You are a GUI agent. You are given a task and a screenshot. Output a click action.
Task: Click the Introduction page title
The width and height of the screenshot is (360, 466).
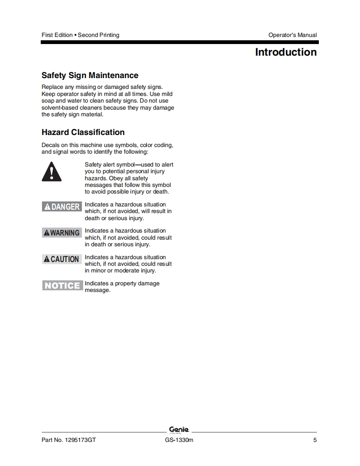[286, 52]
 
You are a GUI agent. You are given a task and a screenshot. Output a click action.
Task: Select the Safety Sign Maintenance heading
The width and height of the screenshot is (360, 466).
[90, 75]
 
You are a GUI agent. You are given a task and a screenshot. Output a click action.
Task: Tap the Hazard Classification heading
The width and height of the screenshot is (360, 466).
[83, 132]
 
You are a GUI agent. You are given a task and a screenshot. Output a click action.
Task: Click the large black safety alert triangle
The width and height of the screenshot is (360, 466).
[52, 172]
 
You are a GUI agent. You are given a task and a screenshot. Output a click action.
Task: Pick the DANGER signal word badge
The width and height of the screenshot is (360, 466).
[62, 206]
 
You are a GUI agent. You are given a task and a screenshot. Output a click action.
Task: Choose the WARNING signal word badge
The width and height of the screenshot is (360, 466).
[62, 233]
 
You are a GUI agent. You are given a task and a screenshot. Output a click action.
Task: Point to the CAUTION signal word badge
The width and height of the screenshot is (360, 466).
[62, 259]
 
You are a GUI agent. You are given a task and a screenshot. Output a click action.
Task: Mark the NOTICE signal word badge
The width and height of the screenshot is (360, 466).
[62, 285]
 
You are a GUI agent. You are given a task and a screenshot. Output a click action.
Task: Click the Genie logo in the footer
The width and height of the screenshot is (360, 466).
[179, 429]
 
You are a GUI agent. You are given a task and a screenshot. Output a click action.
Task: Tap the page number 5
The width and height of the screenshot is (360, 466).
[315, 440]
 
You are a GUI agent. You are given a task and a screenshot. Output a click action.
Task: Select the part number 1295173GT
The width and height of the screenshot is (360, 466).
[80, 440]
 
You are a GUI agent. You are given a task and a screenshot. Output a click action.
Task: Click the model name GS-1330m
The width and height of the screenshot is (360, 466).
[179, 440]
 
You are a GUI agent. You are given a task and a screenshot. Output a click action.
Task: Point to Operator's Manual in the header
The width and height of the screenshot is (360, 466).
[292, 35]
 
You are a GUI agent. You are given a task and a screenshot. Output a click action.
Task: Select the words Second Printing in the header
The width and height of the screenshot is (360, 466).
[99, 35]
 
